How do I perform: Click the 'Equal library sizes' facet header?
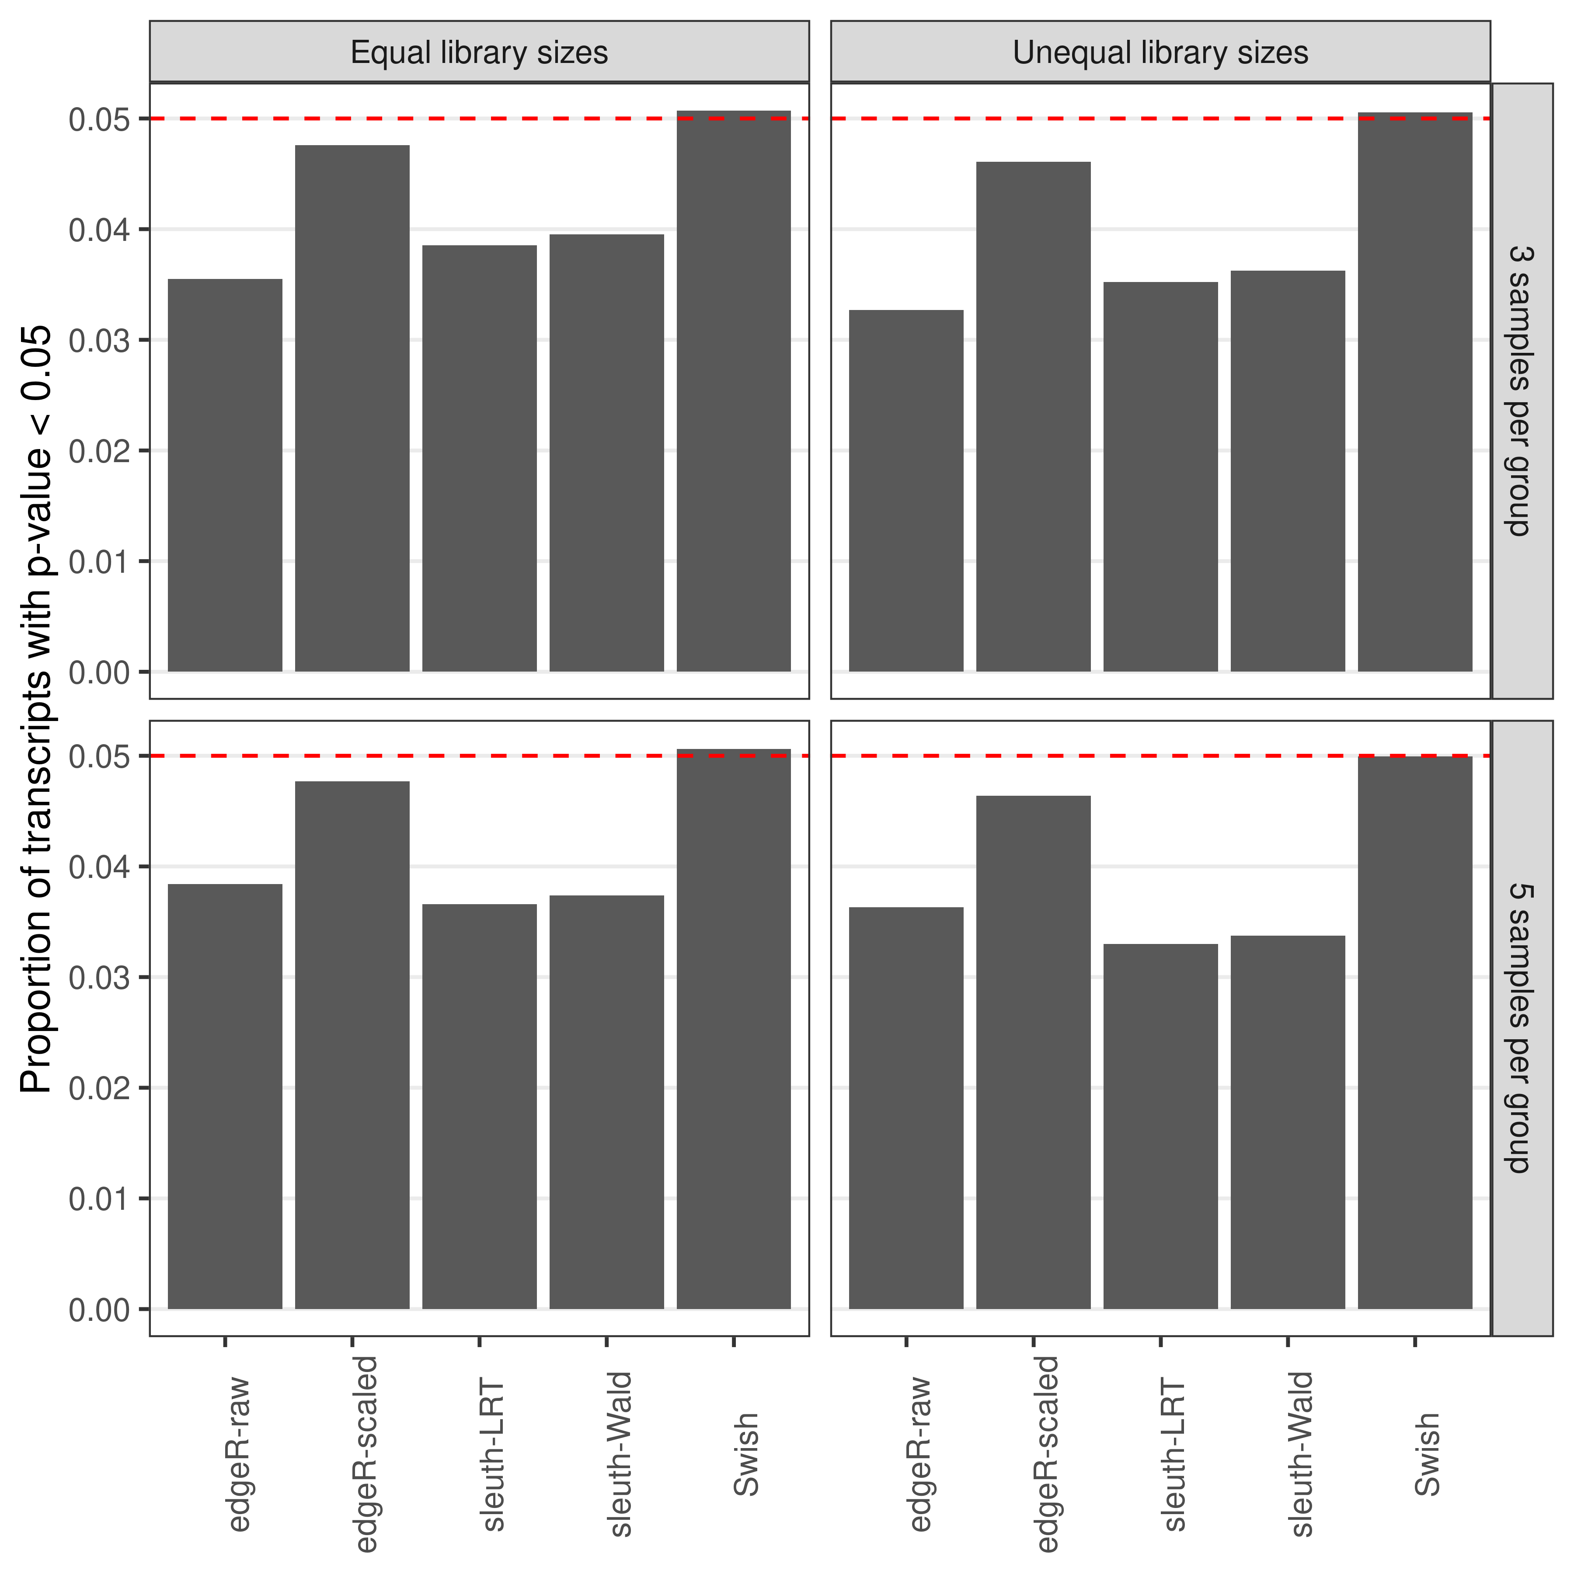(479, 52)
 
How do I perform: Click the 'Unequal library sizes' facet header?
(1160, 52)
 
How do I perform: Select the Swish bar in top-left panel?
(733, 391)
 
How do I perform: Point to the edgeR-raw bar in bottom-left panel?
(225, 1096)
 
